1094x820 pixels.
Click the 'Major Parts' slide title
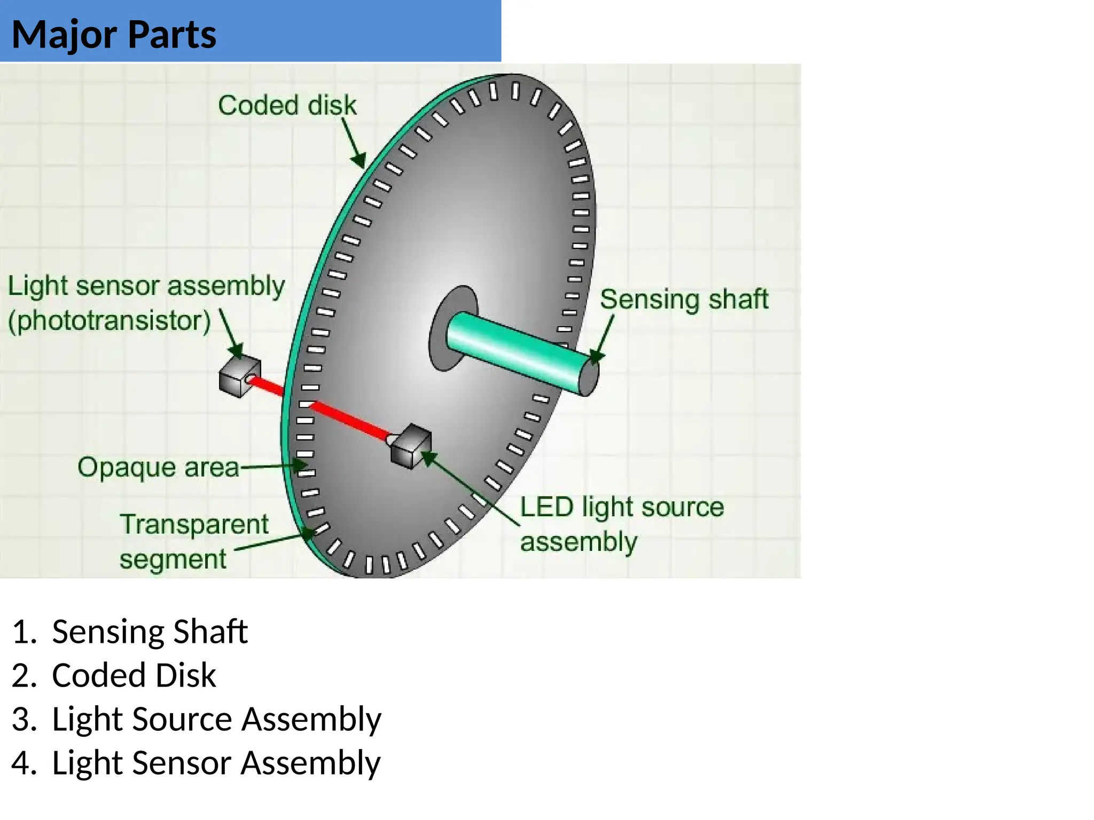tap(114, 35)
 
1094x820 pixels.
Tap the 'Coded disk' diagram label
tap(287, 105)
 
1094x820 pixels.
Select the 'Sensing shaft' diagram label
tap(684, 299)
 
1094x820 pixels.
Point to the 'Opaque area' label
tap(158, 467)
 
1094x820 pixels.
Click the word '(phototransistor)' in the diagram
tap(110, 321)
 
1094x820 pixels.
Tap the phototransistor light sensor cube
tap(239, 377)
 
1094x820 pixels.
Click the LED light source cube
tap(411, 446)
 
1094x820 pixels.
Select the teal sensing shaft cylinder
tap(513, 347)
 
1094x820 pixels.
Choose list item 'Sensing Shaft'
tap(150, 632)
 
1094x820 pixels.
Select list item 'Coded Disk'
tap(134, 675)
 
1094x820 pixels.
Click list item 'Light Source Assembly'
tap(216, 719)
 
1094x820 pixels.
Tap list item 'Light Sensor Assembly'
tap(216, 763)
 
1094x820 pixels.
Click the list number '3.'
tap(24, 719)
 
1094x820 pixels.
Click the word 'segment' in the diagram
tap(173, 559)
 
